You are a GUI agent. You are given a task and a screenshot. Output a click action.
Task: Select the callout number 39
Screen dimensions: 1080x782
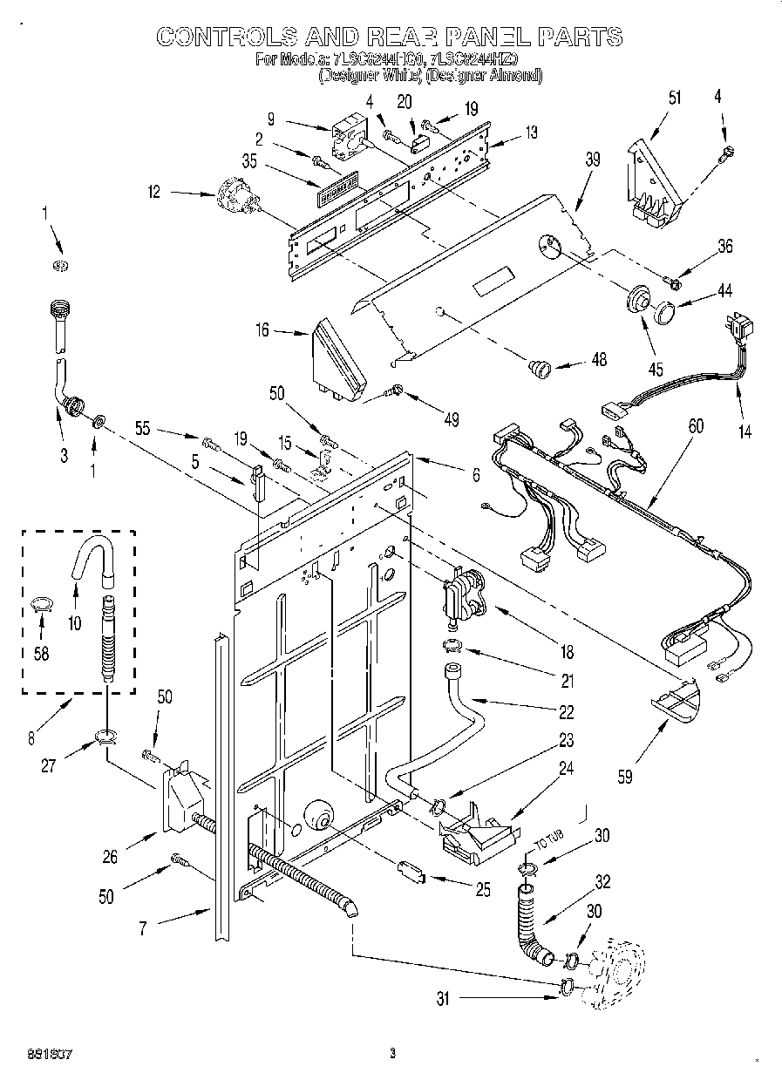click(x=592, y=159)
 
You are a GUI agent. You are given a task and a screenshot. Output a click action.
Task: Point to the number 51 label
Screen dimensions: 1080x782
click(x=649, y=97)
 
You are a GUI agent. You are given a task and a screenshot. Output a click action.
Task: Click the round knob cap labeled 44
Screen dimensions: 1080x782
click(x=668, y=310)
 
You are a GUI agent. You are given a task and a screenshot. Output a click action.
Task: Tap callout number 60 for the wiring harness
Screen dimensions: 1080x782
click(x=695, y=425)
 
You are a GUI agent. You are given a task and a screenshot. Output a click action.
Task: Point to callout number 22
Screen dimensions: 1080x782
click(x=566, y=713)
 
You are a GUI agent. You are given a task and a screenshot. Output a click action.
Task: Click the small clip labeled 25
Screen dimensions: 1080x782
click(x=409, y=870)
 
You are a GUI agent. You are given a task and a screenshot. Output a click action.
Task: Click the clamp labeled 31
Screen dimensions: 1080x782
click(x=565, y=987)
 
